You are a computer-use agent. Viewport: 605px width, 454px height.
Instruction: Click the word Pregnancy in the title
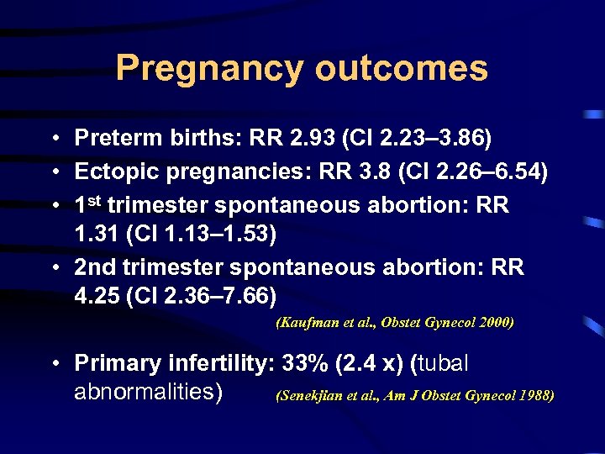tap(210, 69)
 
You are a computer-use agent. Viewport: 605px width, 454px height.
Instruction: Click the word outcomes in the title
tap(401, 69)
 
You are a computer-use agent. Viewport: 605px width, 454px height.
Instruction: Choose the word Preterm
tap(114, 136)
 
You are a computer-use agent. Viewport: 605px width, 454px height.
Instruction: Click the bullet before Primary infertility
tap(53, 364)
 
